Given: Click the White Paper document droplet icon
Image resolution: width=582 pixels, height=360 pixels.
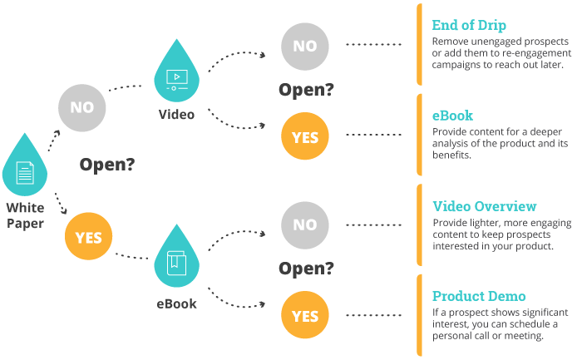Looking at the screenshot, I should pyautogui.click(x=25, y=170).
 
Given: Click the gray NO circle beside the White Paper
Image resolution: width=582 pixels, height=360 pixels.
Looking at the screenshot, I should pyautogui.click(x=81, y=108).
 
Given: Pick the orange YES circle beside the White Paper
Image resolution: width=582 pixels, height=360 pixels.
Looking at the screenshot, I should pyautogui.click(x=89, y=238).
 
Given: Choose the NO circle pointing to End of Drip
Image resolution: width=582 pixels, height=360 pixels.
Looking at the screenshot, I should pyautogui.click(x=305, y=45).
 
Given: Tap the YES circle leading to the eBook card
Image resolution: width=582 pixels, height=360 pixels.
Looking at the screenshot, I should pyautogui.click(x=305, y=136).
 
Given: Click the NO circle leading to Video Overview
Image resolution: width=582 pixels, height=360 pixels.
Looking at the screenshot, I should pyautogui.click(x=305, y=224).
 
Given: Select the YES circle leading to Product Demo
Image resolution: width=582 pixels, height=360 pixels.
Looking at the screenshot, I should pyautogui.click(x=305, y=316).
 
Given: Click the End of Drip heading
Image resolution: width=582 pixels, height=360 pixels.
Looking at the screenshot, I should pyautogui.click(x=470, y=24).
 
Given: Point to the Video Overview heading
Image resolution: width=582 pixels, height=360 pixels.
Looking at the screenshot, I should pyautogui.click(x=485, y=206).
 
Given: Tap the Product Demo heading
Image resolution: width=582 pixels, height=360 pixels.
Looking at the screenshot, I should pyautogui.click(x=479, y=296).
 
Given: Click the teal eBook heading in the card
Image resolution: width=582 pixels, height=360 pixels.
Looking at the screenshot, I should pyautogui.click(x=453, y=116).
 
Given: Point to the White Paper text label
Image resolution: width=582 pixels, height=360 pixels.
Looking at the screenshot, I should pyautogui.click(x=25, y=215).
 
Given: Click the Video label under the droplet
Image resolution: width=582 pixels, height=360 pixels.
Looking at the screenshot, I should pyautogui.click(x=176, y=114).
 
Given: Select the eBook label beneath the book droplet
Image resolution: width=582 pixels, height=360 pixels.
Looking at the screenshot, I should pyautogui.click(x=176, y=303).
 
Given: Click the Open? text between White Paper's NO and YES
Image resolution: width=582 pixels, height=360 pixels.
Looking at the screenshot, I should pyautogui.click(x=107, y=165).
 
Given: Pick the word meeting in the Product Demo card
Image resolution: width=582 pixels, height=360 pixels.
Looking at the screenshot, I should pyautogui.click(x=526, y=336).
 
